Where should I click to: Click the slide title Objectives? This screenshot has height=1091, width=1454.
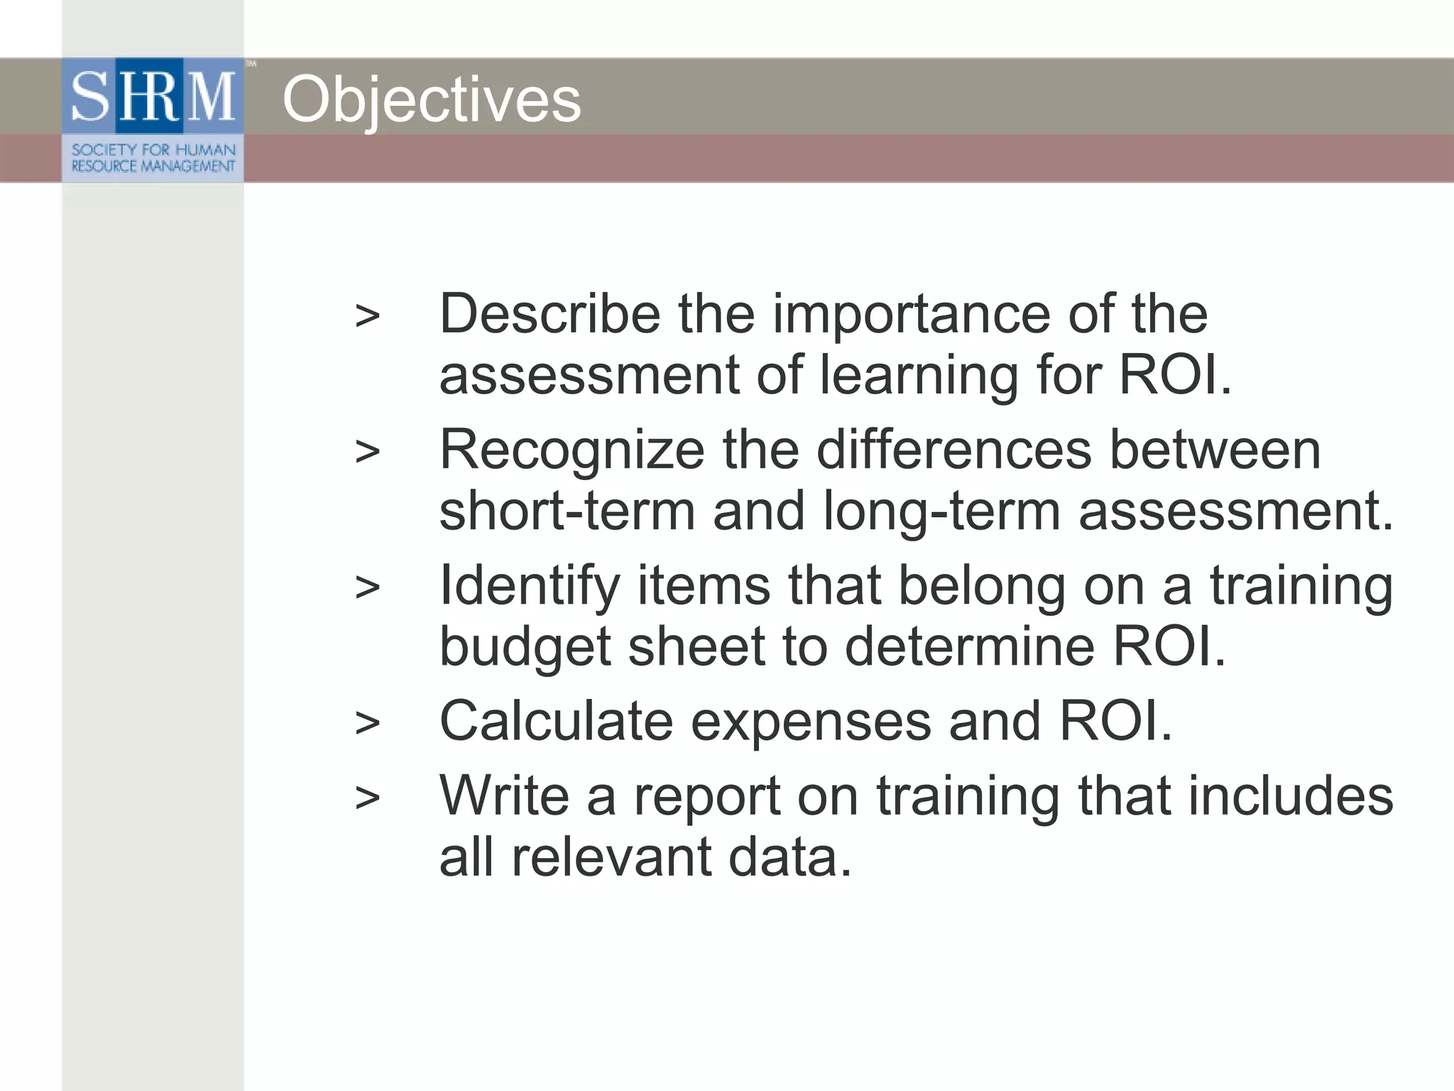[x=432, y=100]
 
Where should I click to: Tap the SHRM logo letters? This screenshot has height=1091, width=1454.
[x=153, y=96]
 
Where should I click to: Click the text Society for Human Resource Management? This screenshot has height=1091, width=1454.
[x=153, y=158]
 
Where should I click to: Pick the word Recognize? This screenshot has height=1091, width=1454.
[x=572, y=450]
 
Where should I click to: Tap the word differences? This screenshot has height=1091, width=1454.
[x=953, y=450]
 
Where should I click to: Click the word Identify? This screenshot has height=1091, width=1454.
[x=529, y=586]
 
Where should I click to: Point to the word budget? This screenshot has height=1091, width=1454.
[x=525, y=647]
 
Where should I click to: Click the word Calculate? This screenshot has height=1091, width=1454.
[x=556, y=721]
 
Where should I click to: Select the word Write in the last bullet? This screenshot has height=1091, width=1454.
[x=504, y=795]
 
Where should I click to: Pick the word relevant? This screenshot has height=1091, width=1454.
[x=611, y=857]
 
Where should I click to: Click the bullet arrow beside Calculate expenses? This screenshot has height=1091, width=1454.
[x=367, y=723]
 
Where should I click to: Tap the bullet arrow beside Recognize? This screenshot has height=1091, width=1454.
[x=367, y=452]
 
